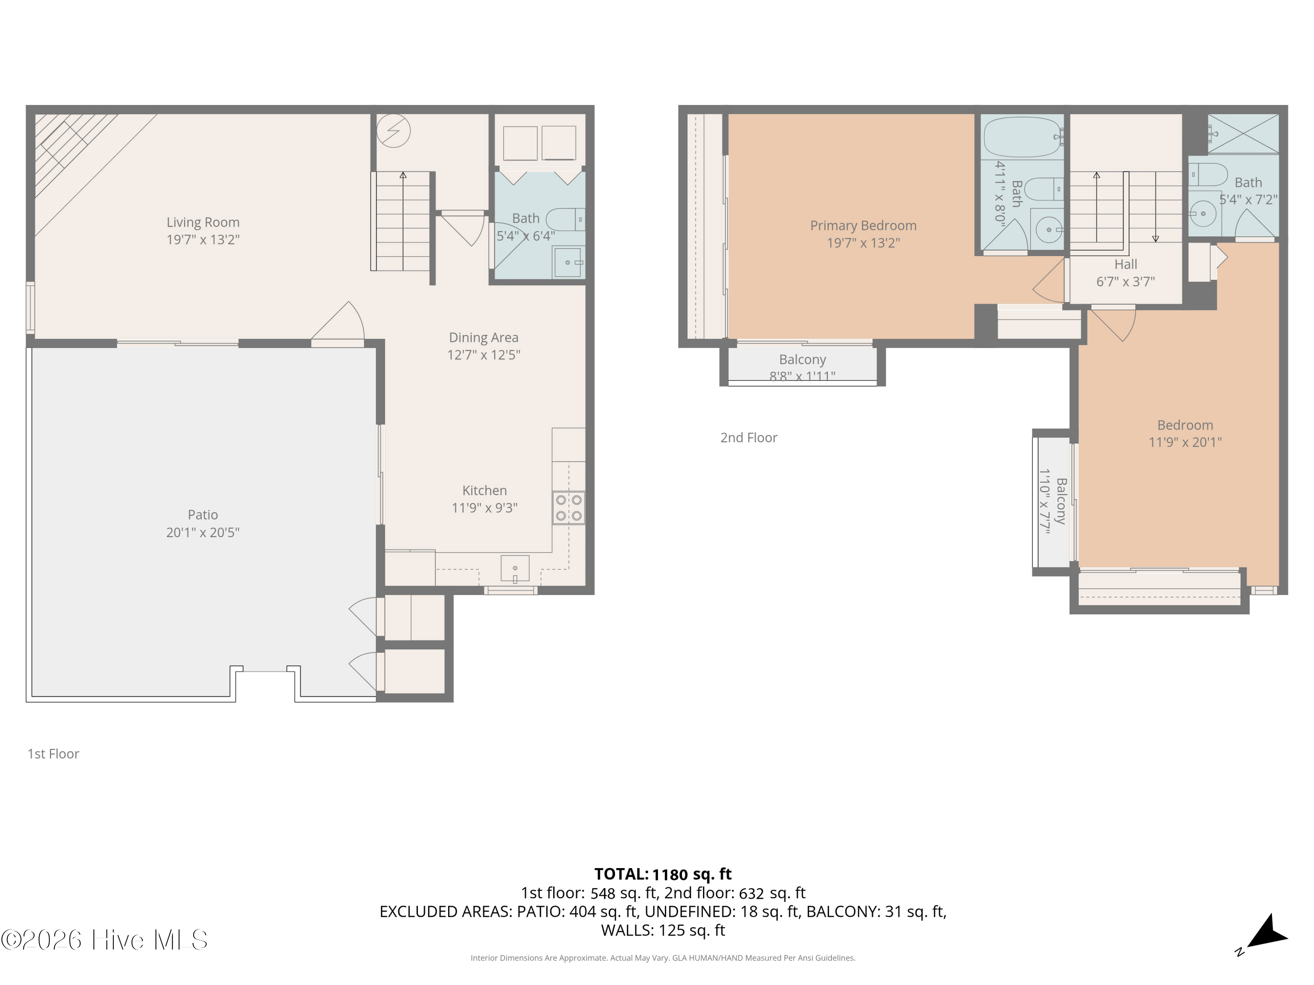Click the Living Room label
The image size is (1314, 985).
point(203,223)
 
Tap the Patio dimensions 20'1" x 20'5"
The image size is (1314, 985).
point(203,533)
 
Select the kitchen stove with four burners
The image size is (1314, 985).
point(569,508)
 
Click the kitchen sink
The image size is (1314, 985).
point(515,569)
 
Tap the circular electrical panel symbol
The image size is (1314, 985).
point(393,130)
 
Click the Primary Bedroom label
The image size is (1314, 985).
point(863,225)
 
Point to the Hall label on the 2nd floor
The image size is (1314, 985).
point(1126,265)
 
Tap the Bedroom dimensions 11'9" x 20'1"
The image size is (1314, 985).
point(1185,442)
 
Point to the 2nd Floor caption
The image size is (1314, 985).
point(749,438)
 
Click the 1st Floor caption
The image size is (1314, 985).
point(53,754)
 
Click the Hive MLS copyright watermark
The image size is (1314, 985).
point(105,940)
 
